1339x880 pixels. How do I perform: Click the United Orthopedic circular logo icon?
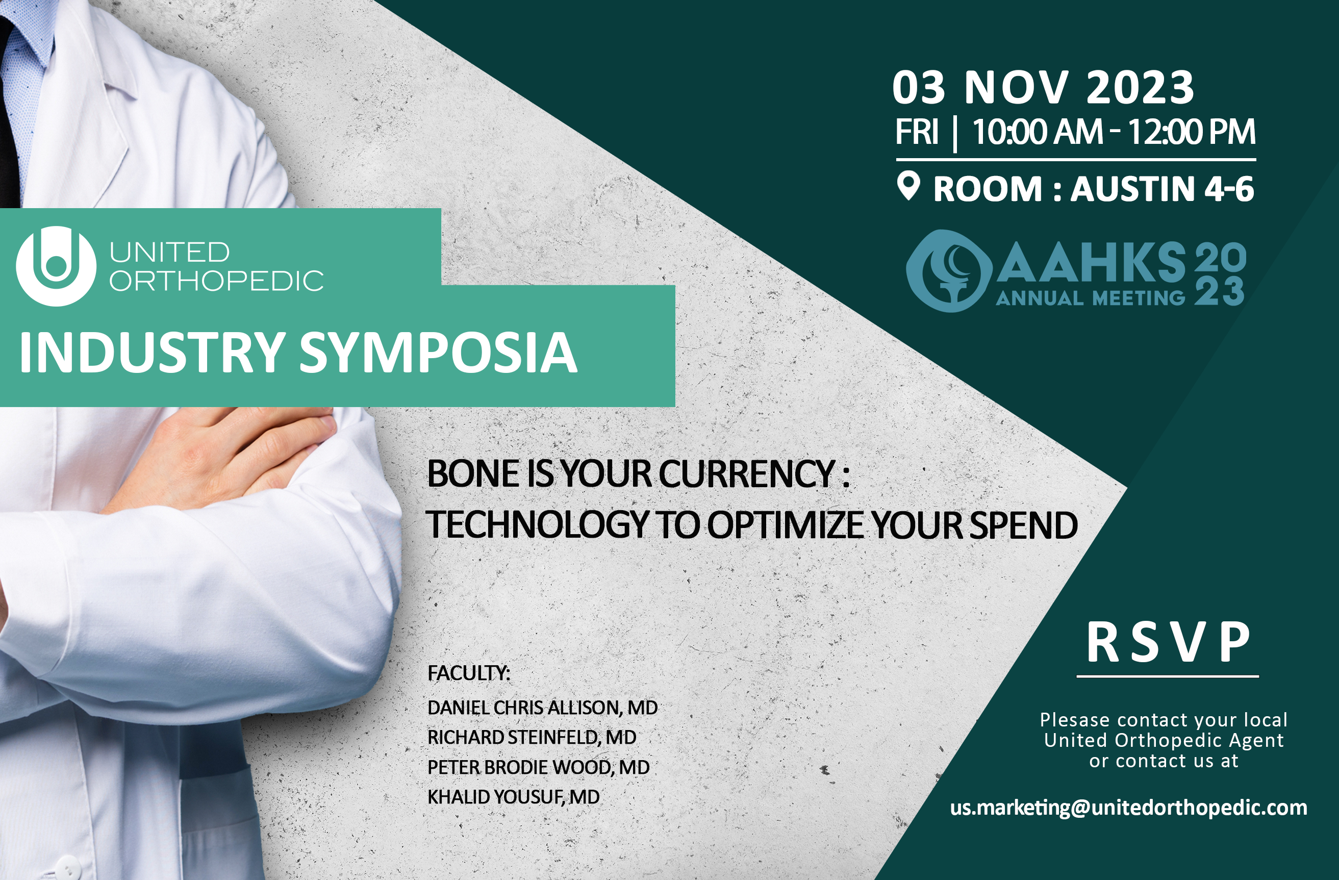[56, 266]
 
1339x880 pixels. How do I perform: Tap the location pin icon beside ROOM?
[908, 186]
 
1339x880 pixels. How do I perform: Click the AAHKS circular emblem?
[949, 271]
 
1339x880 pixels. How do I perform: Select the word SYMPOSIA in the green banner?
[438, 353]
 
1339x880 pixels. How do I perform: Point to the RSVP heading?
[1168, 643]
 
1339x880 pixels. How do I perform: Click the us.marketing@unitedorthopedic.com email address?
[1128, 808]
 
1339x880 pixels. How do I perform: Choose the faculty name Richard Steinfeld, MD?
[532, 737]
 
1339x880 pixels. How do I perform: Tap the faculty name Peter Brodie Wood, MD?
[539, 767]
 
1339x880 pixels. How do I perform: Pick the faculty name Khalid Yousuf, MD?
[514, 797]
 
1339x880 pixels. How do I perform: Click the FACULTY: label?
[469, 673]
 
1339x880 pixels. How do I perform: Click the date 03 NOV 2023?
[1043, 88]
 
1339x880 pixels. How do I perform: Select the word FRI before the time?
[917, 132]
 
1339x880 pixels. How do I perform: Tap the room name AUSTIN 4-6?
[1162, 189]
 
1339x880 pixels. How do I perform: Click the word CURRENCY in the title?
[746, 474]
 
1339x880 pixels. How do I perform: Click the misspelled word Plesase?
[1075, 720]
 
